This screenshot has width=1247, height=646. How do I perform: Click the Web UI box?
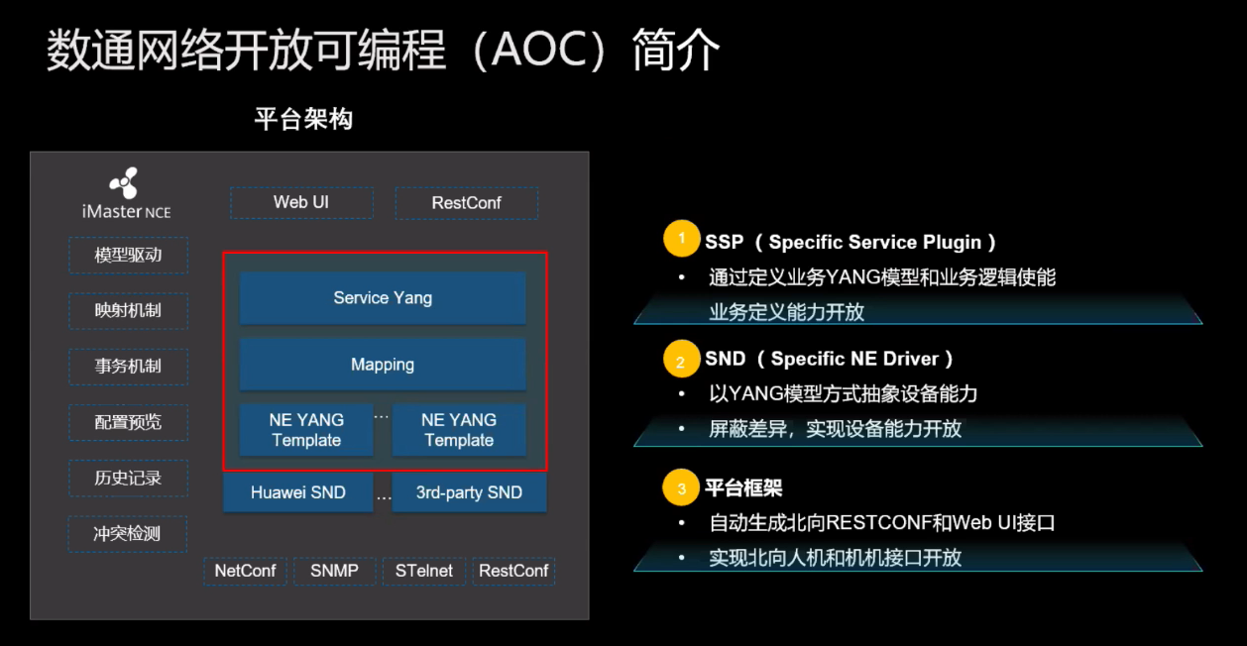(x=301, y=203)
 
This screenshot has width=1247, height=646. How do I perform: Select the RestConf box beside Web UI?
(x=466, y=203)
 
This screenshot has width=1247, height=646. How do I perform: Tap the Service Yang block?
(x=383, y=298)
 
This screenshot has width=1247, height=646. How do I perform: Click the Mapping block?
(x=383, y=365)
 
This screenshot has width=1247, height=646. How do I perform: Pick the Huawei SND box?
(x=298, y=492)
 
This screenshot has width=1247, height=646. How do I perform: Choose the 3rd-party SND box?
(x=469, y=492)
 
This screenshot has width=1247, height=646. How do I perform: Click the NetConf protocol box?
(x=246, y=571)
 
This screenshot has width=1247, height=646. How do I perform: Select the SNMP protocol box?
(x=334, y=571)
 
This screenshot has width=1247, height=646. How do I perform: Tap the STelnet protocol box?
(x=424, y=571)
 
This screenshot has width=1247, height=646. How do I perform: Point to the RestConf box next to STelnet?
(x=513, y=571)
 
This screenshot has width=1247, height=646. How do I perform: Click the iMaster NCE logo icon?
(x=125, y=184)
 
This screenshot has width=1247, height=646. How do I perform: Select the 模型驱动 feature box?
(x=128, y=255)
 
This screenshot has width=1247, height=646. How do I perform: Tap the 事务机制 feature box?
(x=128, y=366)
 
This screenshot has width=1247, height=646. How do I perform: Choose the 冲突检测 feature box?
(x=128, y=533)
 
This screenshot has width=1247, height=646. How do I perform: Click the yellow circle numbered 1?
(x=680, y=241)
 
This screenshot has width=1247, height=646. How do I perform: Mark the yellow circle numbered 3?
(x=680, y=488)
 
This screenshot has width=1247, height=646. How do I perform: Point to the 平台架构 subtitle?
(x=303, y=120)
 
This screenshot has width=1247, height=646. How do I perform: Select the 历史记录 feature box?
(x=128, y=478)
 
